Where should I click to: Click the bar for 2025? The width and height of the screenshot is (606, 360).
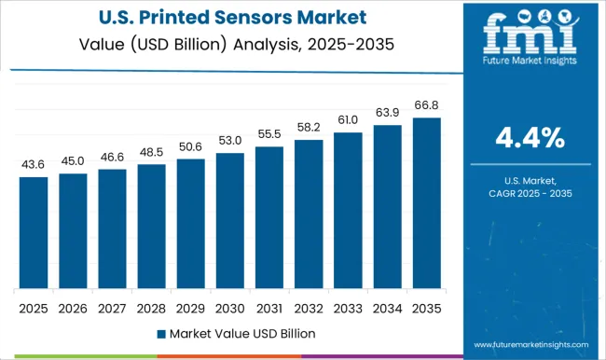(34, 232)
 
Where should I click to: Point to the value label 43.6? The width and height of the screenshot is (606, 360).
(34, 164)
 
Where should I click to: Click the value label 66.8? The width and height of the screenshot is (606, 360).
(426, 105)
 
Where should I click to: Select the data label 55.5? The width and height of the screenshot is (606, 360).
(269, 134)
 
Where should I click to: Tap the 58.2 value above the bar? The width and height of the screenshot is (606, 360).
(309, 127)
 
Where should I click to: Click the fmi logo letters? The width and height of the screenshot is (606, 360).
(527, 37)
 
